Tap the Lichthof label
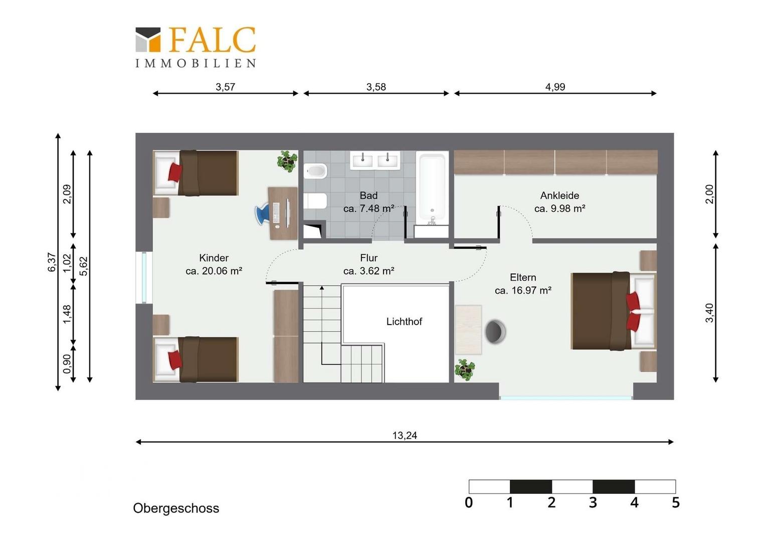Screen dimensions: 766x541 (x=404, y=322)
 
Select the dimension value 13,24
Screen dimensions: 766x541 (x=405, y=435)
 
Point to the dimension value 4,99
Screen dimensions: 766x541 (x=555, y=87)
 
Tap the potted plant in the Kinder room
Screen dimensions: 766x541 (x=287, y=161)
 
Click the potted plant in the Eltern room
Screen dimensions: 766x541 (x=465, y=370)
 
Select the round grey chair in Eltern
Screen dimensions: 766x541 (x=495, y=331)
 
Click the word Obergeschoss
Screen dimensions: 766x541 (x=176, y=508)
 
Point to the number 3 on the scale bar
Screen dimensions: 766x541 (x=593, y=502)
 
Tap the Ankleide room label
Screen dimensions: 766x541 (x=560, y=195)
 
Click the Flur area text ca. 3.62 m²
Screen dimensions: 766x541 (x=368, y=271)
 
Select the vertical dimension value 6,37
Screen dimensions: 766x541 (x=52, y=262)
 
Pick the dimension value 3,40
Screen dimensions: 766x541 (x=709, y=313)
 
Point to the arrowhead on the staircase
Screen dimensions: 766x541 (x=322, y=288)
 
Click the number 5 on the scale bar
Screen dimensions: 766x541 (x=676, y=502)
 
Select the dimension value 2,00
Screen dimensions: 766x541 (x=709, y=194)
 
